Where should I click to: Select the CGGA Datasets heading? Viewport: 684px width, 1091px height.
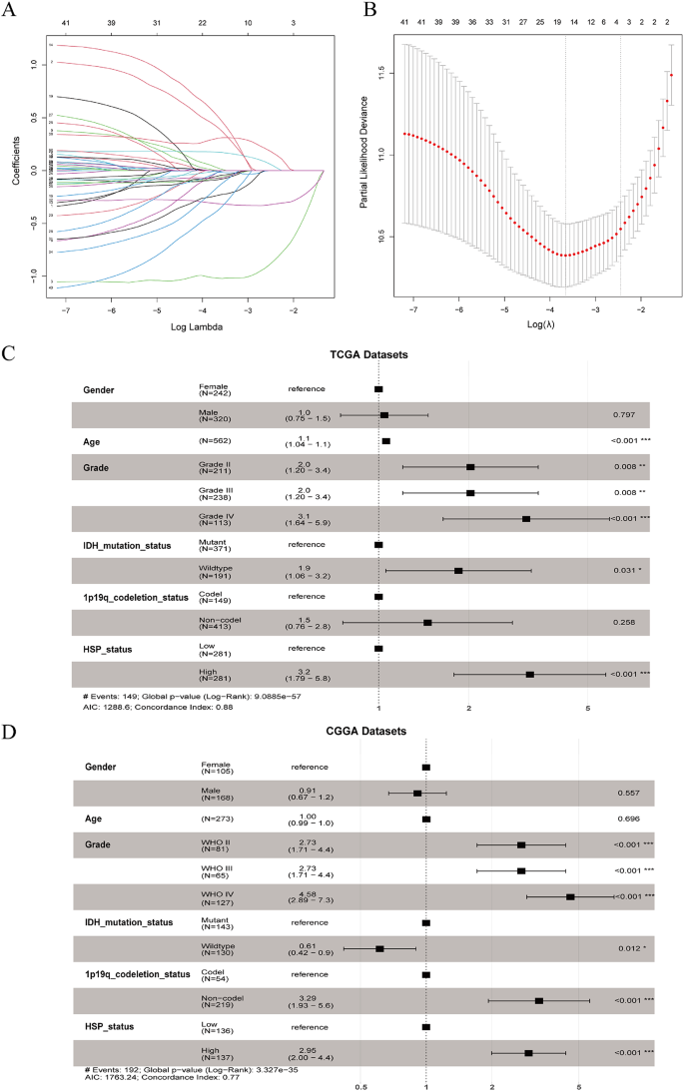click(x=365, y=731)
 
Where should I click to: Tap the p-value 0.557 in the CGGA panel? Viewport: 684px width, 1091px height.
click(x=627, y=794)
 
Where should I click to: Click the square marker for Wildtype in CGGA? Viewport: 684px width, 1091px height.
click(x=379, y=948)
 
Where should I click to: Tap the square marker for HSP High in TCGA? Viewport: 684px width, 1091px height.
click(x=529, y=675)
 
